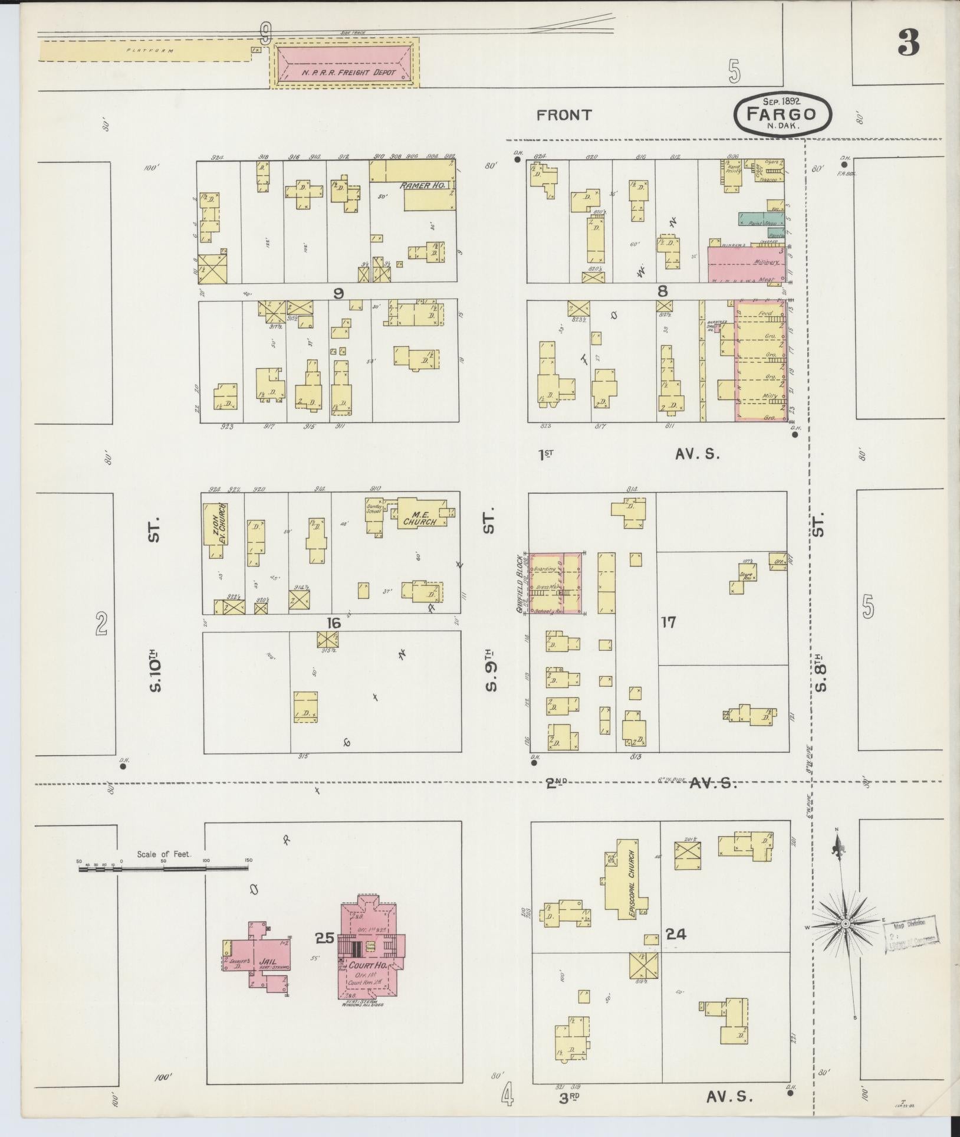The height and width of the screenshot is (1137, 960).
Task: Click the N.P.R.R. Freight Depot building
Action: (344, 64)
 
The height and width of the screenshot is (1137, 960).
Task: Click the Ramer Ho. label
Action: (423, 185)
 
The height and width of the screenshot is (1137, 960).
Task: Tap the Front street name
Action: (563, 115)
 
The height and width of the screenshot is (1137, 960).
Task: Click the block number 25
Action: (325, 937)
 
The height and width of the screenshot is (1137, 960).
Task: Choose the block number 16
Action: (334, 622)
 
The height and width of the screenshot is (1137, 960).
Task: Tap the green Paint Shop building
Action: (761, 218)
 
